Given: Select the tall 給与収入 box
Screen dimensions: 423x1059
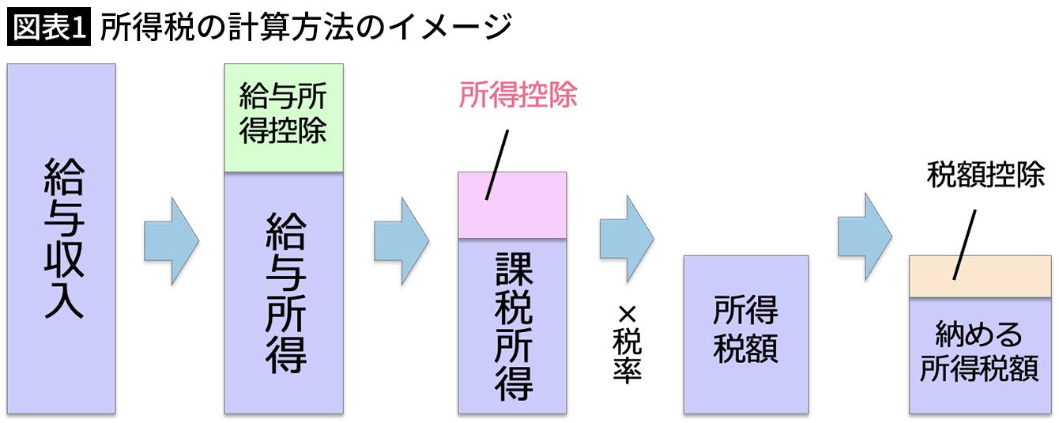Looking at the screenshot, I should pos(62,238).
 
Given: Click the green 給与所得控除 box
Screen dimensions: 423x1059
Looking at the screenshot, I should pos(283,118).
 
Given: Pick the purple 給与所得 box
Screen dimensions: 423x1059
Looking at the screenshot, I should pos(283,293).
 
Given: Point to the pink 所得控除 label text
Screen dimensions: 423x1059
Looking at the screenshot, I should pos(518,96).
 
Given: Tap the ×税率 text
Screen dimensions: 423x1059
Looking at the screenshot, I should pos(626,344).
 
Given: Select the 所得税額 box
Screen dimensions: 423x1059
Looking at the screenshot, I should pos(745,334).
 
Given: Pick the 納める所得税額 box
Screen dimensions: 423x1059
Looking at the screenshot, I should pos(978,355).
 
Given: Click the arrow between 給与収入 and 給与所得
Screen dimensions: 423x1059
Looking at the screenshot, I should pos(171,240).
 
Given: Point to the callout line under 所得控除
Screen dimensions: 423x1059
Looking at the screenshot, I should pos(496,164).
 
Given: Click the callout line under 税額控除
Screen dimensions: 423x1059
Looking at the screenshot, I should pos(964,244).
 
